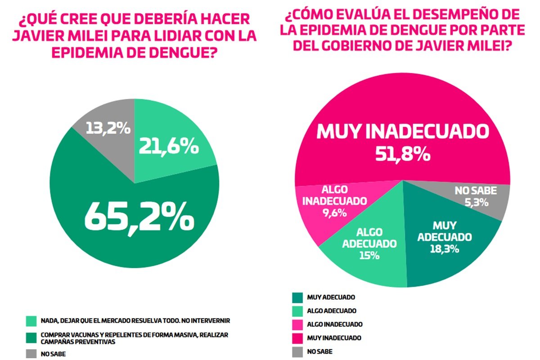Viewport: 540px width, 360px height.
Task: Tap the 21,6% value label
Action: tap(169, 146)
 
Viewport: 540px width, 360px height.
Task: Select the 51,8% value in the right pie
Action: tap(403, 154)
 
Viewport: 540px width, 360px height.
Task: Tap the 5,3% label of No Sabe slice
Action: tap(475, 202)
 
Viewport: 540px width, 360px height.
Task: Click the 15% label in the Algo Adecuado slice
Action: tap(369, 255)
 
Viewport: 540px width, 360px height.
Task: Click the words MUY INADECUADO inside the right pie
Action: tap(403, 131)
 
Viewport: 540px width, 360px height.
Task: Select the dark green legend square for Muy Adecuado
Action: tap(297, 297)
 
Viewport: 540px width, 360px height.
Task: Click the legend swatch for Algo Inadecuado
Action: tap(297, 324)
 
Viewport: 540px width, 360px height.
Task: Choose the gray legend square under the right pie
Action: tap(297, 351)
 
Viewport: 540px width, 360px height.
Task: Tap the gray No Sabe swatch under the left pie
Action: tap(31, 354)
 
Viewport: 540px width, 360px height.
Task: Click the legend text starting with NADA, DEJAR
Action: tap(135, 321)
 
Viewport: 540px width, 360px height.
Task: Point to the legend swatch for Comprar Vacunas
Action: tap(31, 337)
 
